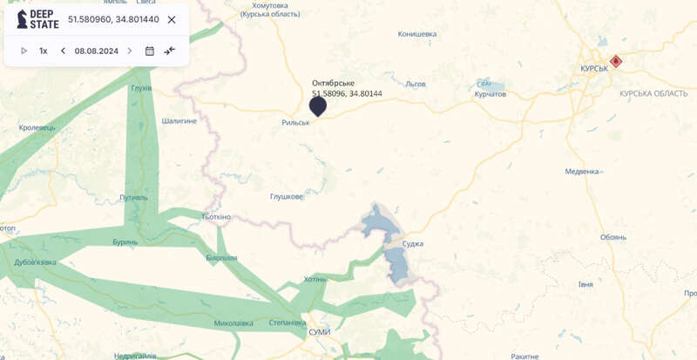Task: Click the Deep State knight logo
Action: [22, 19]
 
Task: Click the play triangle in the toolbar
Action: [24, 51]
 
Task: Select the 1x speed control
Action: [43, 51]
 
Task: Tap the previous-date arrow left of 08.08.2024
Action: [63, 51]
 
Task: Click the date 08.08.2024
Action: [96, 51]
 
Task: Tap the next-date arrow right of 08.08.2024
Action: [130, 51]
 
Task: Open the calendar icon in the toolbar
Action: [150, 51]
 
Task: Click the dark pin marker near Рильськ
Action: [318, 106]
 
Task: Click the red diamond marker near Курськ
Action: [616, 61]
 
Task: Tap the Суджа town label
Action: [413, 243]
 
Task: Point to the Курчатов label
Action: [491, 93]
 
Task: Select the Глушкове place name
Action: [286, 196]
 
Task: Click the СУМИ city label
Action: [320, 332]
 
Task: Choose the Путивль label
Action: [134, 198]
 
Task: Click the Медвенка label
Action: [582, 172]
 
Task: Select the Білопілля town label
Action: [220, 258]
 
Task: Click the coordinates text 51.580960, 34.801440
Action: [113, 19]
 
